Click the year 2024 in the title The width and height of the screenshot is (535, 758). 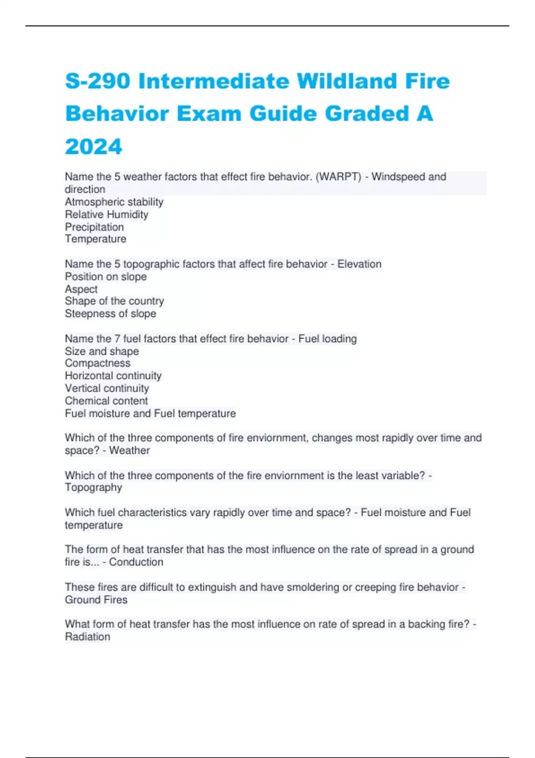click(94, 147)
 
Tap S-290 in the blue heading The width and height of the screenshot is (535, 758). click(98, 81)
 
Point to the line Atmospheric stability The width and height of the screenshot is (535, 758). click(114, 202)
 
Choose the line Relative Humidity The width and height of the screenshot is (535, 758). click(107, 214)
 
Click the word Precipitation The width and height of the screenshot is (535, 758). click(95, 227)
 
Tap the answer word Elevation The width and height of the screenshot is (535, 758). click(359, 264)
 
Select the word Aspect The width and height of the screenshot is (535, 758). click(81, 289)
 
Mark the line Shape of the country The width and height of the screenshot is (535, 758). click(115, 301)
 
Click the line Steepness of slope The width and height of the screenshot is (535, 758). click(111, 313)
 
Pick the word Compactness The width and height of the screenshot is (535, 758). click(98, 363)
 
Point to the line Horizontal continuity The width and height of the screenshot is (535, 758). click(113, 375)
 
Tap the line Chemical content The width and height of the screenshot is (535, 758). click(106, 400)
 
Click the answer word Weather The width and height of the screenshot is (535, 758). click(129, 450)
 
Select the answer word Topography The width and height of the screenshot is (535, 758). click(93, 487)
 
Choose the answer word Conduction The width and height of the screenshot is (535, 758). click(136, 562)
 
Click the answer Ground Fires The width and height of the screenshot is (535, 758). click(96, 600)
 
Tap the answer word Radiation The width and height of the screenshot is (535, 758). click(87, 637)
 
